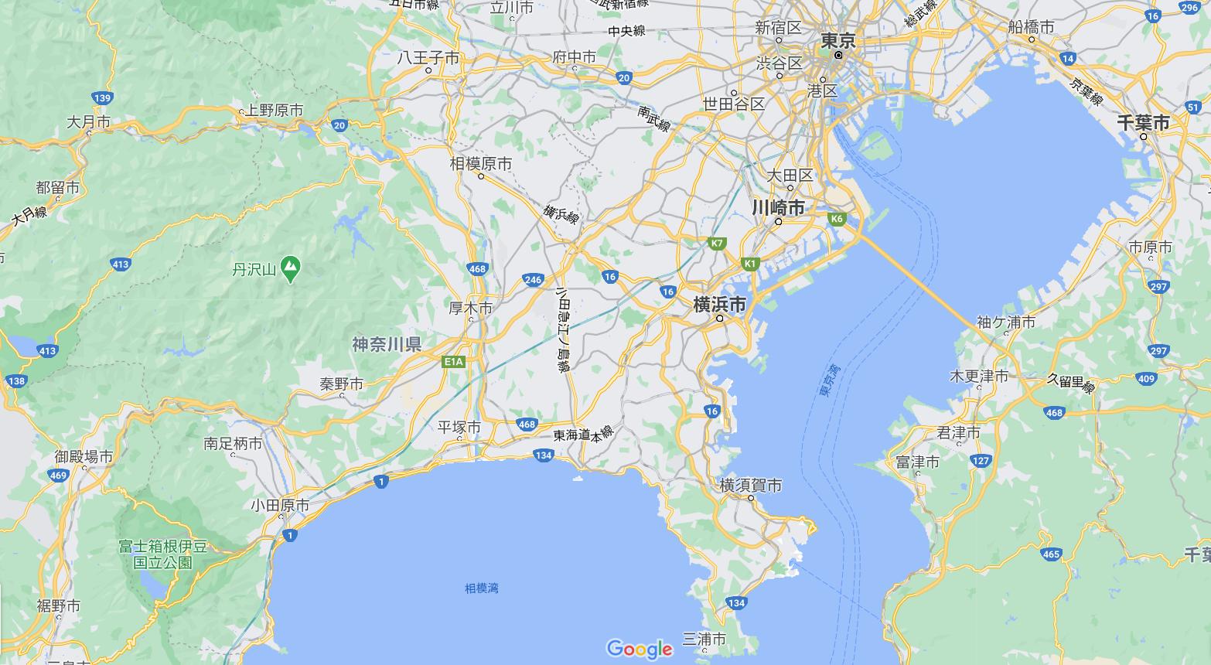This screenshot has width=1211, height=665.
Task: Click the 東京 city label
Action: click(x=837, y=40)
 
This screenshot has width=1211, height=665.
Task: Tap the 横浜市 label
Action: click(x=719, y=305)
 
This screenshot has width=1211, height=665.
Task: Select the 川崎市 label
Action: click(x=778, y=207)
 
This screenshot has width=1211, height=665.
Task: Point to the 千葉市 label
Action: click(x=1143, y=123)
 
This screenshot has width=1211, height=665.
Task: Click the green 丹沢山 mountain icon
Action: click(x=290, y=269)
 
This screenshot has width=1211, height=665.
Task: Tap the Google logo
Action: click(x=639, y=648)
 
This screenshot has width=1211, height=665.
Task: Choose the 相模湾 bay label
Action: click(x=481, y=588)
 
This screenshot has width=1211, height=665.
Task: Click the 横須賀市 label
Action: click(x=750, y=486)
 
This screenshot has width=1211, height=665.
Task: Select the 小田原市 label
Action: click(x=280, y=506)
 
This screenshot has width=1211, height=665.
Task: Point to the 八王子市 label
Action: click(x=428, y=58)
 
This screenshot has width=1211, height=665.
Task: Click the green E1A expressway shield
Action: click(x=454, y=361)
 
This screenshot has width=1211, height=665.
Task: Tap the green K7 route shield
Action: click(x=717, y=244)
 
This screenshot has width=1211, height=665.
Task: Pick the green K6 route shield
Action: click(x=836, y=219)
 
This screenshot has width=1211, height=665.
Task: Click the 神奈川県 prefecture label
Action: click(x=387, y=344)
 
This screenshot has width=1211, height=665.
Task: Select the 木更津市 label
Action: click(x=978, y=377)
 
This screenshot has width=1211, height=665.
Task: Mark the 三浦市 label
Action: click(x=704, y=639)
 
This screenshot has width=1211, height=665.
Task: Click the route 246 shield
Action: click(x=532, y=280)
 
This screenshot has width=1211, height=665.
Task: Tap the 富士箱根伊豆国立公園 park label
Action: click(x=163, y=554)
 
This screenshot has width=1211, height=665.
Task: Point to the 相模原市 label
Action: click(x=481, y=164)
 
